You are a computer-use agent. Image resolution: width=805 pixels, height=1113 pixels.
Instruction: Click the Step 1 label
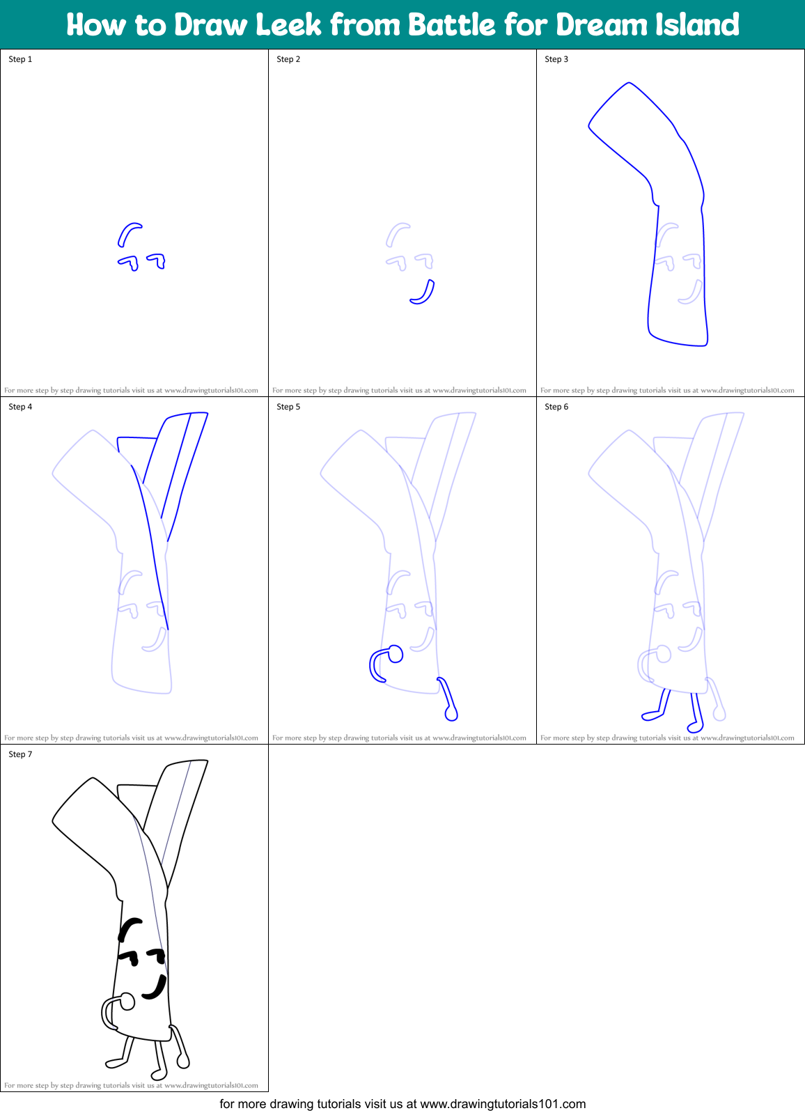coord(20,59)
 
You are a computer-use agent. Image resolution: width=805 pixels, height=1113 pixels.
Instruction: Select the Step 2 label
coord(288,59)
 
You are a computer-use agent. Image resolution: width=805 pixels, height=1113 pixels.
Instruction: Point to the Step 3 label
coord(556,59)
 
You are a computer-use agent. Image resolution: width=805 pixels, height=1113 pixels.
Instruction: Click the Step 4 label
coord(20,407)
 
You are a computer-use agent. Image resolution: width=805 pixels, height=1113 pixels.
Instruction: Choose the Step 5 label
coord(288,407)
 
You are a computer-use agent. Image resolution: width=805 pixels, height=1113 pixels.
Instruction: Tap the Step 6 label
coord(556,407)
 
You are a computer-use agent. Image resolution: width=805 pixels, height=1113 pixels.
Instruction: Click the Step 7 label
coord(20,754)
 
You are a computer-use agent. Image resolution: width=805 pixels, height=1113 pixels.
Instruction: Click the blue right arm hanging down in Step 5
coord(446,697)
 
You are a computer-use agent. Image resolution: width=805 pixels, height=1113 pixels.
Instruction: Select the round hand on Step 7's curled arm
coord(127,1001)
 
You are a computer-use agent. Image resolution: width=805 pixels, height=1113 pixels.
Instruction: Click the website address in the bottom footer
coord(503,1104)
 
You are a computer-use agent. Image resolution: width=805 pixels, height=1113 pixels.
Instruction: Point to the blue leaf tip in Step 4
coord(187,416)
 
